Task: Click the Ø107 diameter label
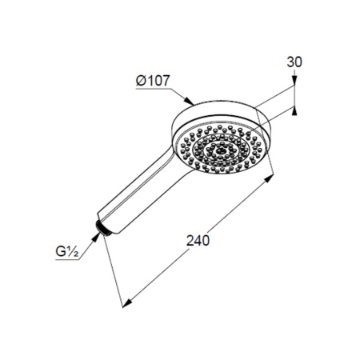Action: [x=153, y=80]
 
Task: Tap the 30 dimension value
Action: [x=294, y=62]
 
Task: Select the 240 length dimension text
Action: [x=198, y=241]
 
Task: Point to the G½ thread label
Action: [x=67, y=251]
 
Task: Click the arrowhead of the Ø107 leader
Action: [x=190, y=102]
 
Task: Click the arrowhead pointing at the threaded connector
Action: [x=96, y=237]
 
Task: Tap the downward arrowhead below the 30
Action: [x=294, y=80]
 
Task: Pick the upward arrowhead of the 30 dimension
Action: [x=294, y=110]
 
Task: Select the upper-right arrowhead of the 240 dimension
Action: [x=269, y=178]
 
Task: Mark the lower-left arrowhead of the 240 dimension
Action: [x=127, y=303]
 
